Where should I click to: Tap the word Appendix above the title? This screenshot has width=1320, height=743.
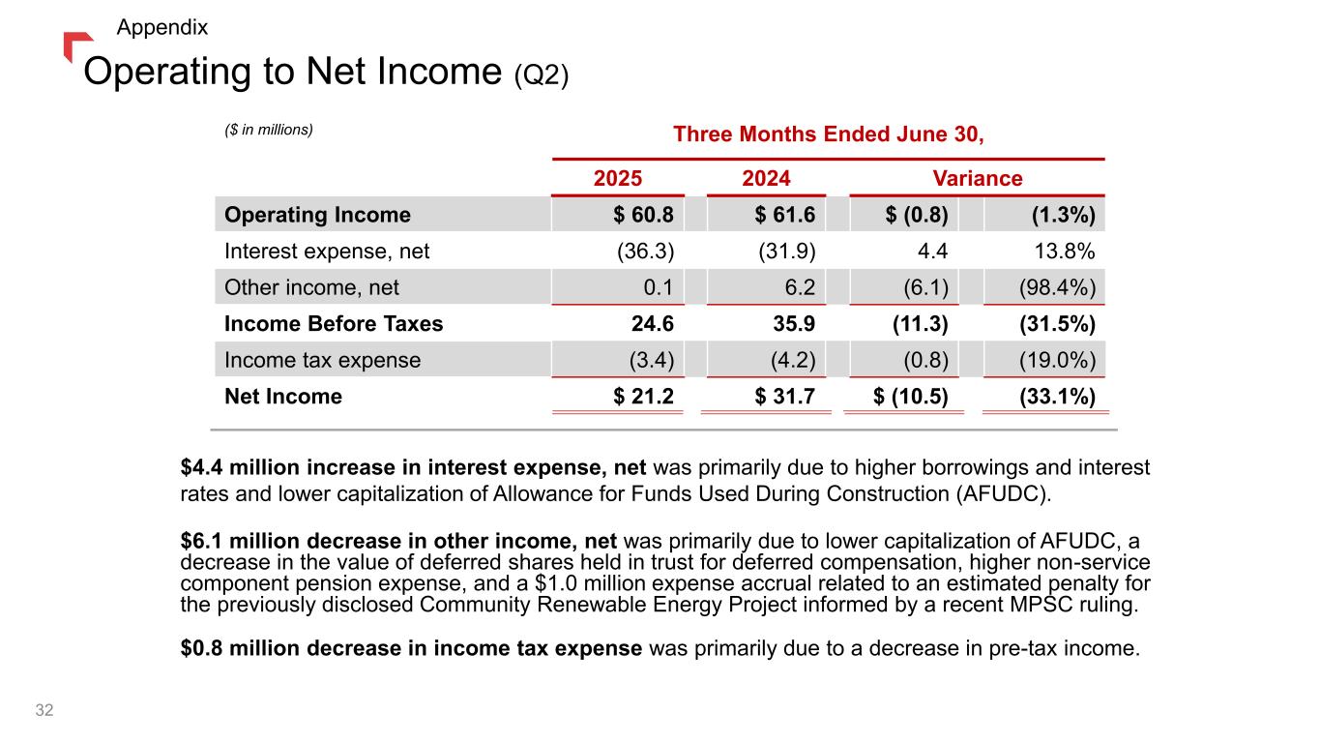161,27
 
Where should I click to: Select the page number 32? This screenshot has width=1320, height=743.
44,711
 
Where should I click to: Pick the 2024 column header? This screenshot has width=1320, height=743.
766,179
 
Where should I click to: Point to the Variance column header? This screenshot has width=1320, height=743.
977,179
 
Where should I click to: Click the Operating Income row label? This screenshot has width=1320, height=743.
317,215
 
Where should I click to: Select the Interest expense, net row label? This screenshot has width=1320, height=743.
327,252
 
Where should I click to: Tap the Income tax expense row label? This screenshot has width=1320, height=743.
322,361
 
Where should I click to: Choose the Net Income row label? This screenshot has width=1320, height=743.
282,397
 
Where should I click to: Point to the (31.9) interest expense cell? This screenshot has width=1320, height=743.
786,252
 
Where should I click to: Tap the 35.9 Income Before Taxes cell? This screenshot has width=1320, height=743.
796,324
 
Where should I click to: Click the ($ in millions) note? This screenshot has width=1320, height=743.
269,129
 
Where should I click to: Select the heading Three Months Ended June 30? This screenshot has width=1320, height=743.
828,134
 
